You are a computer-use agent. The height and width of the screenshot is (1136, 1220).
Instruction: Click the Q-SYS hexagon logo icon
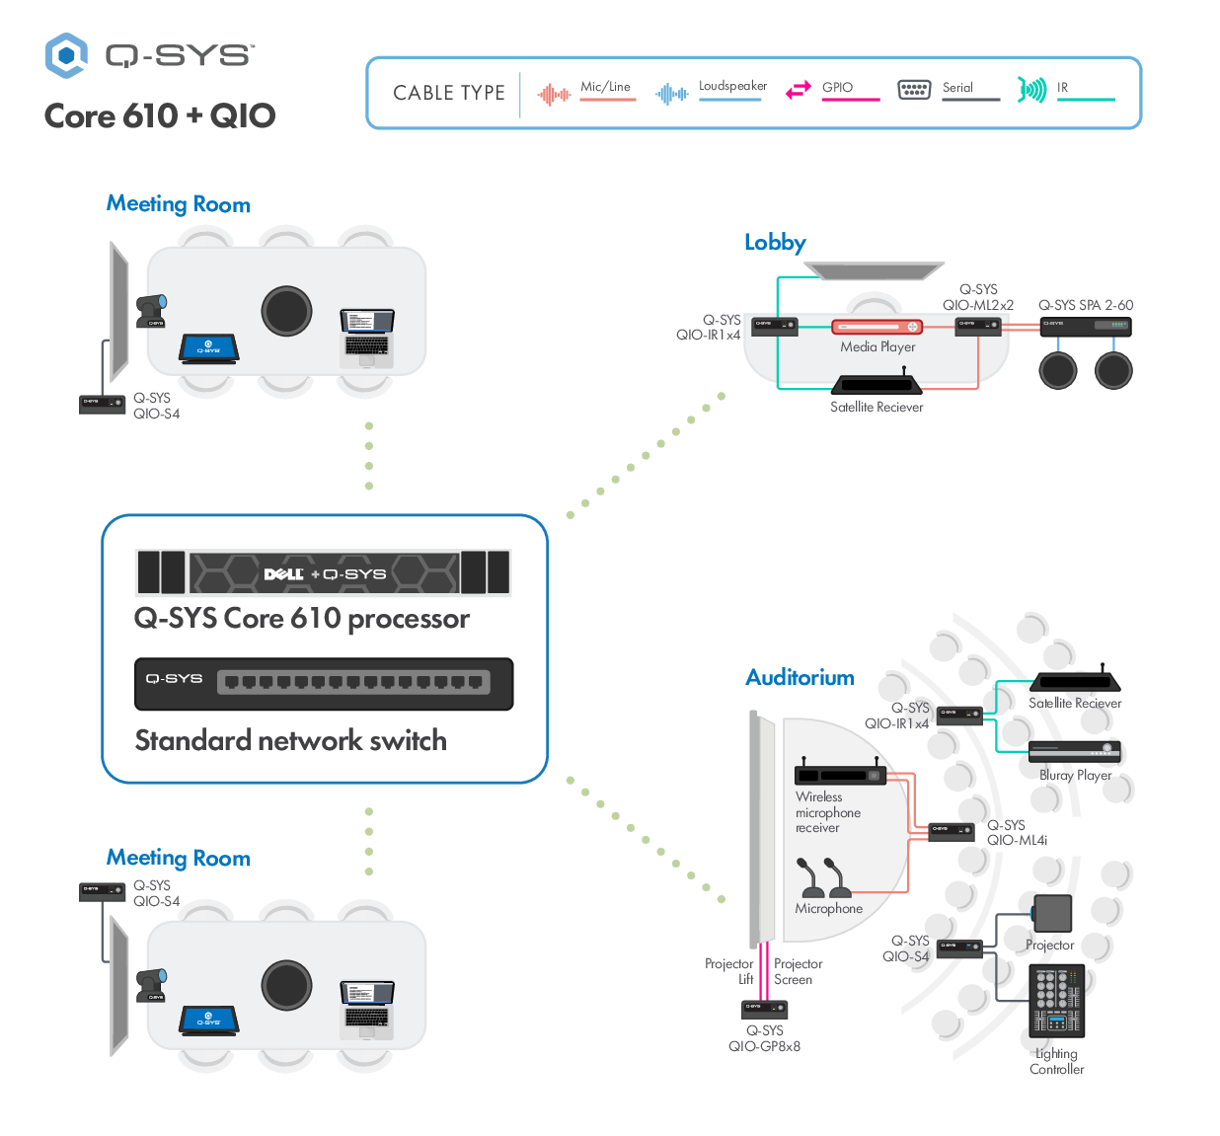(x=66, y=55)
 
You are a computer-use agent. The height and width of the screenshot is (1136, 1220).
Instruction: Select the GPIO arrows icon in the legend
(x=798, y=91)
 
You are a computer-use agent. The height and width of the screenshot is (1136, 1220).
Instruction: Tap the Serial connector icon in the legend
(x=914, y=90)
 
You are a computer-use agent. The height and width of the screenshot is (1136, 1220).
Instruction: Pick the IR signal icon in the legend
(x=1031, y=91)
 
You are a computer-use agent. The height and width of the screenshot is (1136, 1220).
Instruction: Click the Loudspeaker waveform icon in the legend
(x=672, y=94)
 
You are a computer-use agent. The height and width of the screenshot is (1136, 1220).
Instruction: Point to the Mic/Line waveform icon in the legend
(x=554, y=95)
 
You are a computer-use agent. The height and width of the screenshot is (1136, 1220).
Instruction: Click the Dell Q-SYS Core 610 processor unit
(x=324, y=572)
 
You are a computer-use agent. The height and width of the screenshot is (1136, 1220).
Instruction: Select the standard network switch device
(x=324, y=683)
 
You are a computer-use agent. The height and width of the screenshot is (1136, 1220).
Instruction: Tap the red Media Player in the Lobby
(x=877, y=327)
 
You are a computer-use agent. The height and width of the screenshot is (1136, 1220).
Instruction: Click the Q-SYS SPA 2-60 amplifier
(x=1085, y=326)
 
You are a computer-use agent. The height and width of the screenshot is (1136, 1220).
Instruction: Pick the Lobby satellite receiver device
(x=877, y=384)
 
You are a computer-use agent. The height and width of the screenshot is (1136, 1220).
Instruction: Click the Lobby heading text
(x=775, y=243)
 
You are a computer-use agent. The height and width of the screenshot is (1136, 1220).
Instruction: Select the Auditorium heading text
(x=800, y=678)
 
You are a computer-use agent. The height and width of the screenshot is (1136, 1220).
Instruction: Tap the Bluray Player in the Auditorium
(x=1075, y=751)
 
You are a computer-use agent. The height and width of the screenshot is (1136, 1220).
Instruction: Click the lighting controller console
(x=1056, y=1000)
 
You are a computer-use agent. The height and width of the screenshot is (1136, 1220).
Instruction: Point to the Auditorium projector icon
(x=1052, y=914)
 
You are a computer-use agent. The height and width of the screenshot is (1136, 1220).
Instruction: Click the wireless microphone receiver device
(x=840, y=774)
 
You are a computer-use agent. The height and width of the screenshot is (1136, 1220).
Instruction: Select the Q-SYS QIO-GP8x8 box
(x=764, y=1009)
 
